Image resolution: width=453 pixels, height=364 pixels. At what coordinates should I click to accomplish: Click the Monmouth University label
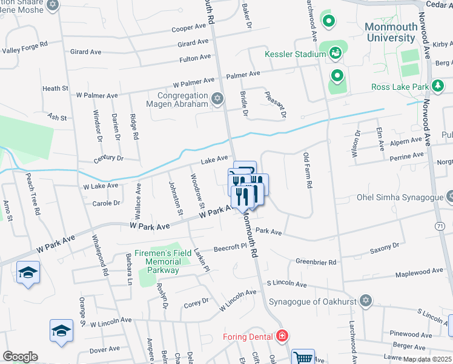(391, 32)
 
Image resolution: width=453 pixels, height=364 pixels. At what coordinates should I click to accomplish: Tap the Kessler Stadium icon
(336, 54)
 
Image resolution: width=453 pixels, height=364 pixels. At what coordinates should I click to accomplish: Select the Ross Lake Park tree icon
(437, 87)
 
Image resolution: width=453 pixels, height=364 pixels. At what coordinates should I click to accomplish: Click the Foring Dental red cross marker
(282, 335)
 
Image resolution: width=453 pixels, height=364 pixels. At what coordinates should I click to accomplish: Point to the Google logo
(20, 357)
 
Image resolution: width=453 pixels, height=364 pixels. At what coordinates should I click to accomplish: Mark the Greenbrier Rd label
(315, 262)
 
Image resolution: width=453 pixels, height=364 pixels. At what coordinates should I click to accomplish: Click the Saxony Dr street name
(385, 246)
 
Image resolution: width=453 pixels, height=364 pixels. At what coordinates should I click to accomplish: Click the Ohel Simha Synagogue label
(398, 197)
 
